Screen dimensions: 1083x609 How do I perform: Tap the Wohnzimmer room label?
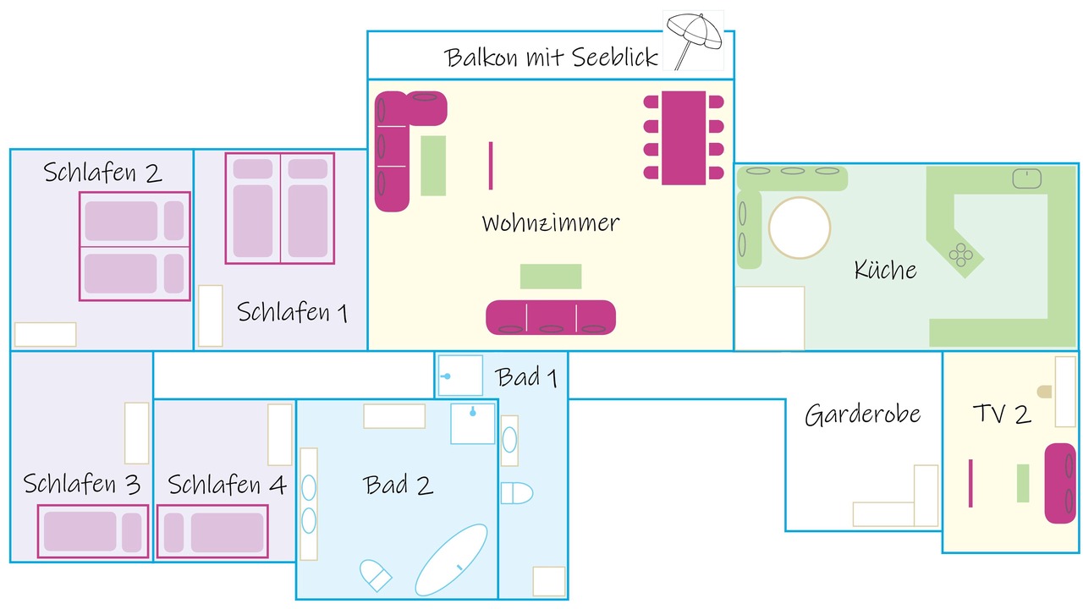pyautogui.click(x=551, y=223)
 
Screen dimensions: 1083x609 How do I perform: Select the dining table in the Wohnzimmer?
pyautogui.click(x=683, y=138)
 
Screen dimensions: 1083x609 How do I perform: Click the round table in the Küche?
pyautogui.click(x=800, y=228)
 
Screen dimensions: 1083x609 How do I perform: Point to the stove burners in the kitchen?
pyautogui.click(x=960, y=255)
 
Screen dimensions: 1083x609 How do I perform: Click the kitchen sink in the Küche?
pyautogui.click(x=1026, y=178)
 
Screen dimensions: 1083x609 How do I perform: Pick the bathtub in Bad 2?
pyautogui.click(x=451, y=560)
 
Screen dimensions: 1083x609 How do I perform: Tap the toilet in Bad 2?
pyautogui.click(x=376, y=575)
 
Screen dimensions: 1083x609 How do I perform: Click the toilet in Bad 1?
pyautogui.click(x=516, y=493)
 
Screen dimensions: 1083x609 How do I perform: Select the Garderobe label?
pyautogui.click(x=862, y=414)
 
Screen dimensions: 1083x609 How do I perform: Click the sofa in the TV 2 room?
pyautogui.click(x=1060, y=483)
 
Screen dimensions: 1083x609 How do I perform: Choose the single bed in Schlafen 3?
pyautogui.click(x=93, y=531)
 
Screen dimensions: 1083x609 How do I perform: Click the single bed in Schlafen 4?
pyautogui.click(x=212, y=531)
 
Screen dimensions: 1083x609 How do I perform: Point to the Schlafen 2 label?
pyautogui.click(x=102, y=173)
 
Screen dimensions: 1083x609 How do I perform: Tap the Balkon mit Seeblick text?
pyautogui.click(x=551, y=58)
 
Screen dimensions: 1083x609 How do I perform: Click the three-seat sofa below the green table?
pyautogui.click(x=551, y=317)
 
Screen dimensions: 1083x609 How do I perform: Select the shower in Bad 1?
pyautogui.click(x=460, y=376)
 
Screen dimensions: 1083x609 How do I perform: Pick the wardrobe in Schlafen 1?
pyautogui.click(x=211, y=315)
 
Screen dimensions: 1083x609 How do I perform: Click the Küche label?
pyautogui.click(x=885, y=270)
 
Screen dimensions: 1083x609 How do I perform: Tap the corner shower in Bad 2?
pyautogui.click(x=473, y=424)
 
